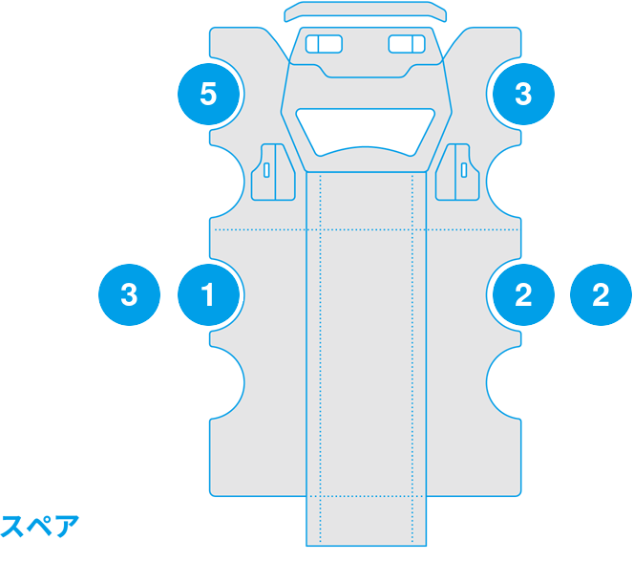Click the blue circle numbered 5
pyautogui.click(x=209, y=94)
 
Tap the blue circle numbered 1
pyautogui.click(x=209, y=295)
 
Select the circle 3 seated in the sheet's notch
pyautogui.click(x=523, y=94)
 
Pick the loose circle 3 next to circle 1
pyautogui.click(x=129, y=295)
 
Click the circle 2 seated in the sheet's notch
pyautogui.click(x=523, y=295)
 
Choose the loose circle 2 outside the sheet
pyautogui.click(x=601, y=295)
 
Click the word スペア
pyautogui.click(x=39, y=526)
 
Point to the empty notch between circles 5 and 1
pyautogui.click(x=227, y=182)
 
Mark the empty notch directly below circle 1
pyautogui.click(x=227, y=382)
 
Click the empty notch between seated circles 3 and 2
pyautogui.click(x=503, y=182)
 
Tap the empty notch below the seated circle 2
pyautogui.click(x=503, y=382)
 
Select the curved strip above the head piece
pyautogui.click(x=366, y=11)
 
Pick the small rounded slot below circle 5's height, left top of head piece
pyautogui.click(x=324, y=44)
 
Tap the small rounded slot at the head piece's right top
pyautogui.click(x=407, y=44)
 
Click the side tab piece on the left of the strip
pyautogui.click(x=273, y=172)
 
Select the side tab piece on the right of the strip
pyautogui.click(x=457, y=172)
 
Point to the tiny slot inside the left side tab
pyautogui.click(x=266, y=170)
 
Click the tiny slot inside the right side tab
pyautogui.click(x=464, y=170)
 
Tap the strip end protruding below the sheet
pyautogui.click(x=367, y=521)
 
